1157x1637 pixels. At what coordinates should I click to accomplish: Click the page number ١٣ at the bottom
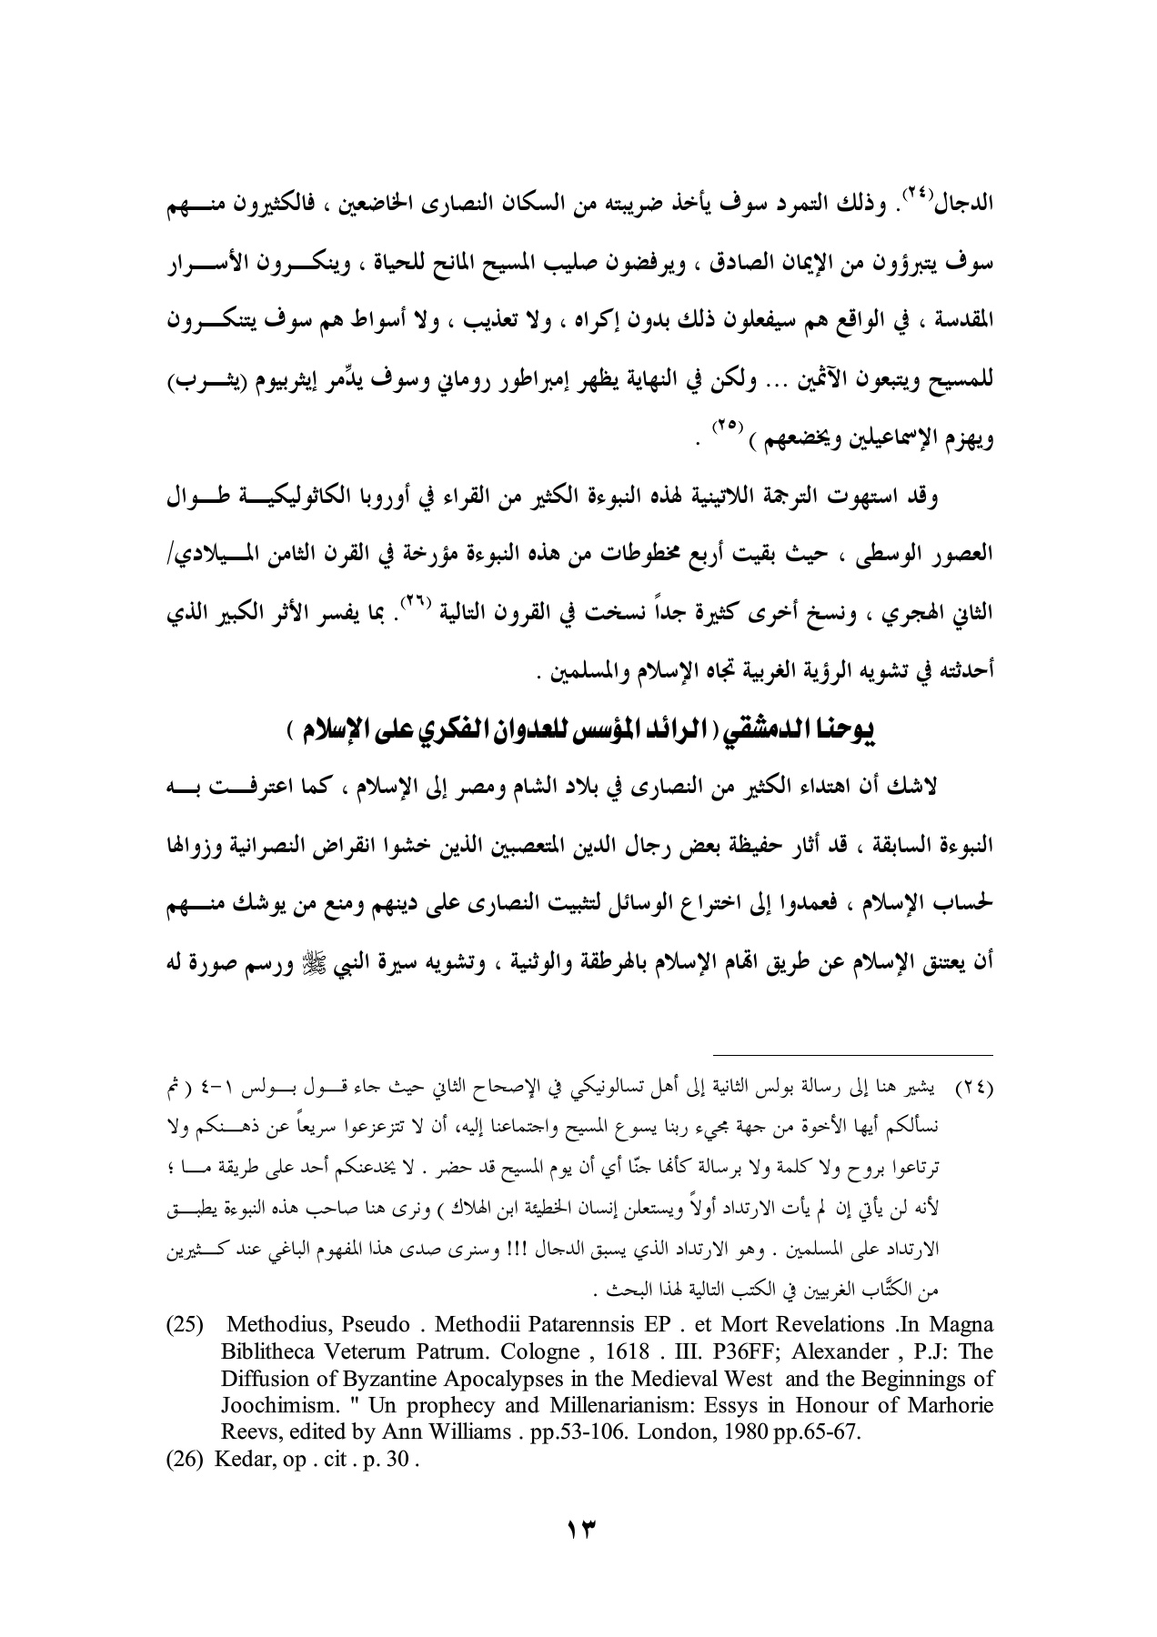(x=578, y=1527)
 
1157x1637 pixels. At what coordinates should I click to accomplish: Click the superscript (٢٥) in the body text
(x=719, y=423)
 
